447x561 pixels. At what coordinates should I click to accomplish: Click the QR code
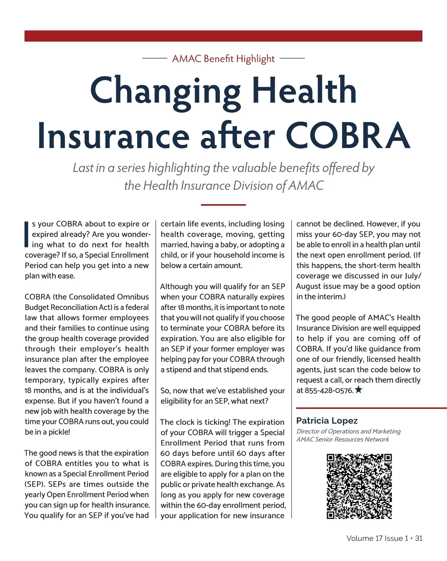point(359,486)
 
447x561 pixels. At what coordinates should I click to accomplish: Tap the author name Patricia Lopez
point(327,421)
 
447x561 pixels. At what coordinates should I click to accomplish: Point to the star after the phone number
point(358,390)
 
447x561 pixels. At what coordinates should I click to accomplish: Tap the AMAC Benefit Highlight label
point(223,59)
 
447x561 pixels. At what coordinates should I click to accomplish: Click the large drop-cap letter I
point(26,234)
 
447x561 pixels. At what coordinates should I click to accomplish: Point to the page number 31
point(419,538)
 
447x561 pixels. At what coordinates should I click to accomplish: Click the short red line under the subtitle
point(223,205)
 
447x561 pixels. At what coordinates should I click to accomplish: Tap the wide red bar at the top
point(223,36)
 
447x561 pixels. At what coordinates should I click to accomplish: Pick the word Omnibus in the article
point(133,297)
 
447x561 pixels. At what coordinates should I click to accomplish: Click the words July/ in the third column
point(413,276)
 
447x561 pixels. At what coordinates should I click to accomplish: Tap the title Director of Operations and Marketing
point(348,431)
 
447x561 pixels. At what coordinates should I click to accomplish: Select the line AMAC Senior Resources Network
point(342,439)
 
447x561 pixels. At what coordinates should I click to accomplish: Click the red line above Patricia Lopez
point(371,408)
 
